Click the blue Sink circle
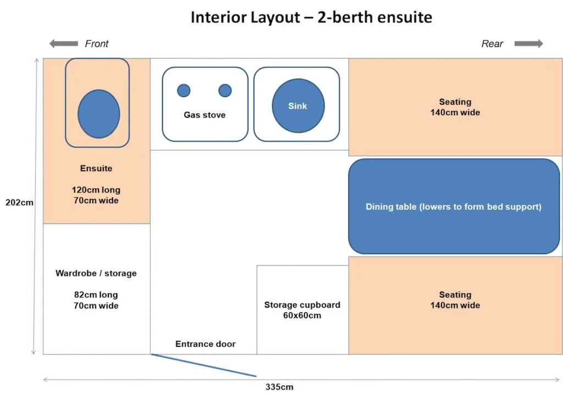point(298,106)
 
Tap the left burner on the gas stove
point(184,91)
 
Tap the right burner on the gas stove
point(225,91)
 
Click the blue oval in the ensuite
point(99,114)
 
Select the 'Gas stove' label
point(205,115)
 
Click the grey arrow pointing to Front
point(64,43)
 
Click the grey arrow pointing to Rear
point(528,43)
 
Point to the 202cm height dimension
point(19,202)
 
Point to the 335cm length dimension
point(279,387)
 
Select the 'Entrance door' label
point(206,344)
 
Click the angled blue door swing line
point(203,365)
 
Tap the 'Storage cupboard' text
point(302,304)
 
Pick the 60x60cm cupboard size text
point(302,315)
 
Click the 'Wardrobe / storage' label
point(96,273)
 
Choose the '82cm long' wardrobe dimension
point(96,294)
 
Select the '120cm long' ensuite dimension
point(96,190)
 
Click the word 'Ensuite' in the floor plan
point(96,168)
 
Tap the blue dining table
point(454,207)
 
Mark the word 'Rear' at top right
point(492,43)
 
